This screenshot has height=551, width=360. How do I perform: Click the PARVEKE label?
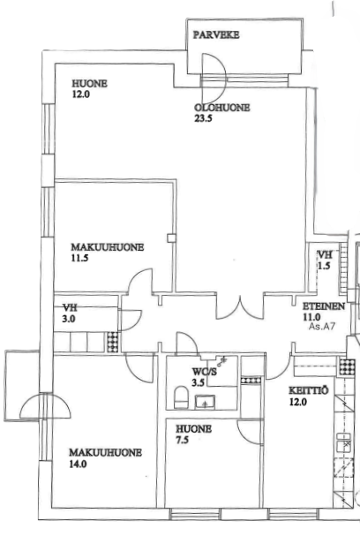[216, 34]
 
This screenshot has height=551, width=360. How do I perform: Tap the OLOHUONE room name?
[222, 108]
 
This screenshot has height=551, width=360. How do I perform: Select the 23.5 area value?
[203, 118]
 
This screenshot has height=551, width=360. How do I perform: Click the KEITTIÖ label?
[309, 390]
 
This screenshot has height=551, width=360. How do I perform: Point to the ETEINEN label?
[324, 306]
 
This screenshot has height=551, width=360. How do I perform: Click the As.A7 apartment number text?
[322, 326]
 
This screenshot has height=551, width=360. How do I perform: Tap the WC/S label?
[204, 372]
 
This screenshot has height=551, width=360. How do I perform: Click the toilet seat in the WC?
[181, 397]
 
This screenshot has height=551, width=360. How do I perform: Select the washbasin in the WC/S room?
[206, 402]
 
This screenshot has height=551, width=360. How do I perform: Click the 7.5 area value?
[183, 440]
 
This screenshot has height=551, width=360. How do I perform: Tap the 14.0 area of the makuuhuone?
[78, 464]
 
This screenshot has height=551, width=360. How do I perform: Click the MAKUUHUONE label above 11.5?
[108, 247]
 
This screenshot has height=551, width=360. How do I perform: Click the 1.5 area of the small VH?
[324, 266]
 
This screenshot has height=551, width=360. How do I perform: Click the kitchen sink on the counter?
[343, 442]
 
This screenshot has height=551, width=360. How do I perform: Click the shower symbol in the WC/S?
[222, 360]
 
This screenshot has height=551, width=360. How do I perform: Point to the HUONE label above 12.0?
[90, 84]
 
